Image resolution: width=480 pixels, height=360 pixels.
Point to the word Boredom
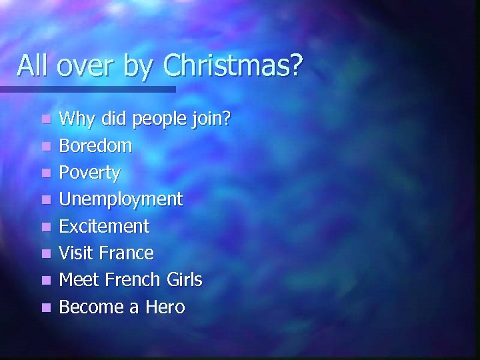tap(95, 145)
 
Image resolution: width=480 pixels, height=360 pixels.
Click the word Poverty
tap(90, 173)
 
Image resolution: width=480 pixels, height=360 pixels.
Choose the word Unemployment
tap(121, 199)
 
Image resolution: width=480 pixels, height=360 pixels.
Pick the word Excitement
tap(104, 226)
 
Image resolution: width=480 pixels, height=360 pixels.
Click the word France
tap(127, 253)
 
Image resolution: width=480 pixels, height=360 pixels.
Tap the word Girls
tap(182, 280)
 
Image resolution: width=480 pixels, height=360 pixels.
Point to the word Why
tap(75, 119)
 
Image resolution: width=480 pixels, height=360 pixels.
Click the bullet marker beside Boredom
tap(44, 146)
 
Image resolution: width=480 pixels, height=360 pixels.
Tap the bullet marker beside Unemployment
tap(44, 200)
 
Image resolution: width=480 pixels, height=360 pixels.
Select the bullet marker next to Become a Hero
tap(44, 308)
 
